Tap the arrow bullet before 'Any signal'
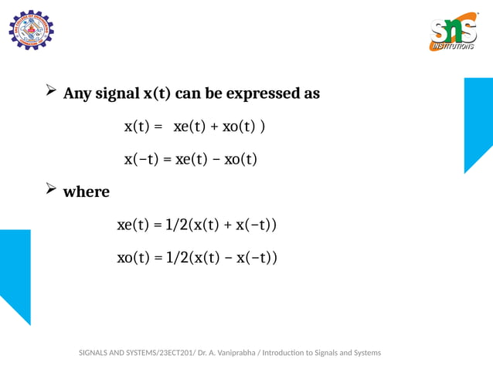51,93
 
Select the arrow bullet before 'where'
51,190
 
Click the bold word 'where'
86,191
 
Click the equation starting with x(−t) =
190,160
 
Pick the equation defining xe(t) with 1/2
196,225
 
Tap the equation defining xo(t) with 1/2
196,257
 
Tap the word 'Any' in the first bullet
76,94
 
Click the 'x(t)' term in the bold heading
157,94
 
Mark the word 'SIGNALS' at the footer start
97,353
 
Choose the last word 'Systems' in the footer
365,353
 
